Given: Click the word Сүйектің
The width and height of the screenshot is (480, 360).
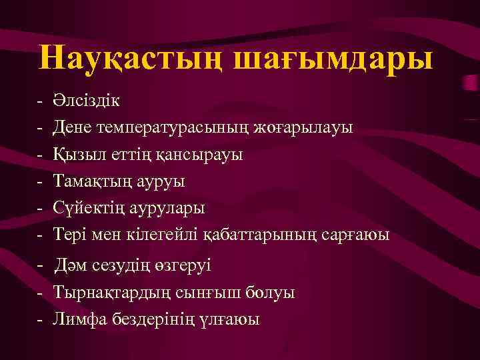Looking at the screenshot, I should click(89, 207).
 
